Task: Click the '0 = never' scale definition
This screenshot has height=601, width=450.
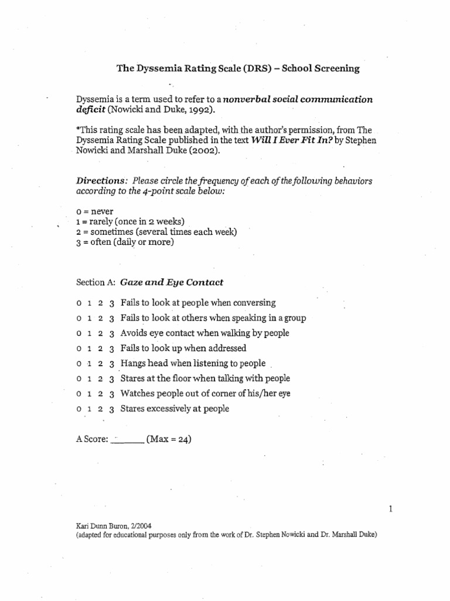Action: point(96,211)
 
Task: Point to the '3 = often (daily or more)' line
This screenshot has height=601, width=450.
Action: point(125,242)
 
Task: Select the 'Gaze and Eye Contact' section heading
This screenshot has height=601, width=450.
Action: point(172,282)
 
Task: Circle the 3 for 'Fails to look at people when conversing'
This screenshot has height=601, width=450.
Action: point(111,303)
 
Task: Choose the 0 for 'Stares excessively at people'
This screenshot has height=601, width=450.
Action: point(79,409)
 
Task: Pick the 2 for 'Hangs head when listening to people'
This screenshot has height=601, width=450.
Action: point(100,364)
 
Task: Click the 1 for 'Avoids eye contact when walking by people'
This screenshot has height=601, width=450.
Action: point(89,333)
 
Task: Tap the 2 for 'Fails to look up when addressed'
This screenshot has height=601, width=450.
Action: point(100,349)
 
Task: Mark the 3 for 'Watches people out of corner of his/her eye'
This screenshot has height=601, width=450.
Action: point(111,394)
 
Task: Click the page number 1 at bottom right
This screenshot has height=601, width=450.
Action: point(389,509)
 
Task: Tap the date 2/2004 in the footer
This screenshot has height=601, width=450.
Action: point(138,526)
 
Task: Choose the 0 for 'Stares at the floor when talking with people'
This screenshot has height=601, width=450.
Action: point(79,379)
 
